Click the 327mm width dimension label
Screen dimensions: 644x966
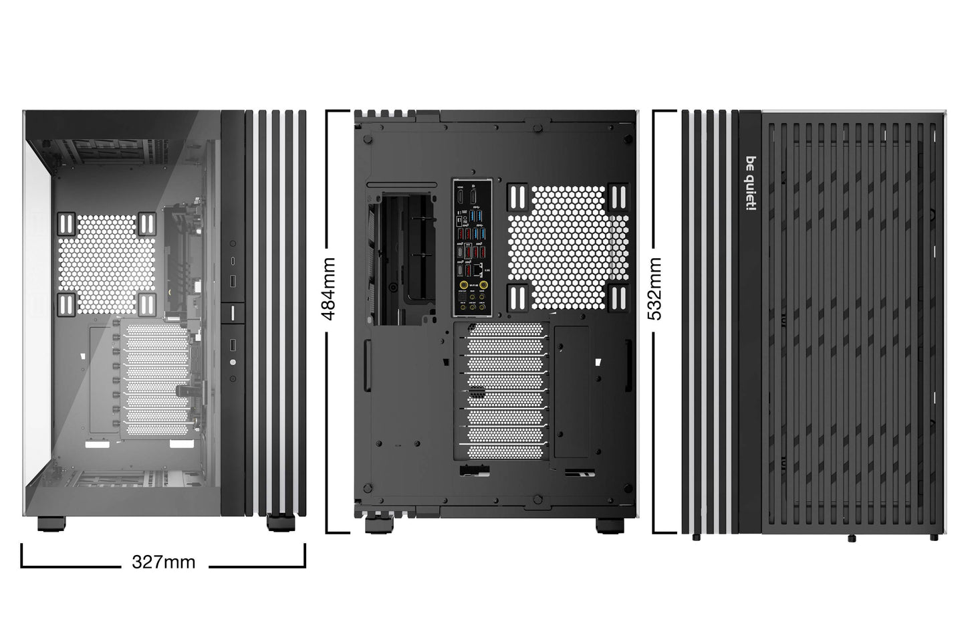pos(164,562)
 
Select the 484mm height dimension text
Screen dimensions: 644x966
pos(330,289)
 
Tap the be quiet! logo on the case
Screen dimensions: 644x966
pos(751,185)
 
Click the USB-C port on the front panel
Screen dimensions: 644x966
pos(233,260)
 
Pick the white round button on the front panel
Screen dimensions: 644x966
pos(233,362)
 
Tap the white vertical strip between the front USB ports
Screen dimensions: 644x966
pos(233,312)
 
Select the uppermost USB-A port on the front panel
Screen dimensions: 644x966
pos(233,279)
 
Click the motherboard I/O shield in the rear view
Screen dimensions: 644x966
pos(473,248)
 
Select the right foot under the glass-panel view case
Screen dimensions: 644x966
pos(280,522)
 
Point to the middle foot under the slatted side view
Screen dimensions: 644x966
pos(852,538)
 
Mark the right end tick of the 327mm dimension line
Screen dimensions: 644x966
pos(305,555)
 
